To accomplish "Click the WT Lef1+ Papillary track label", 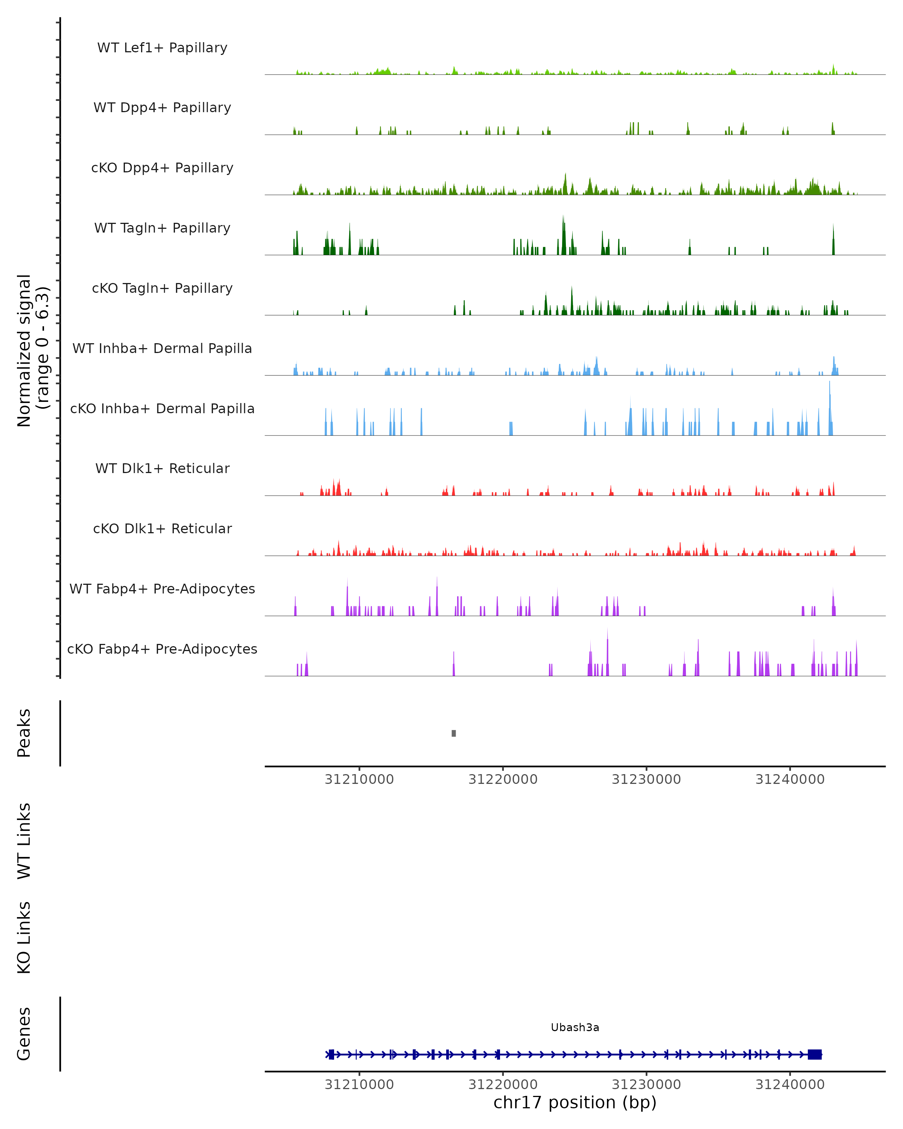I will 162,48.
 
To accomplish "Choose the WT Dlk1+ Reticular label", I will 162,468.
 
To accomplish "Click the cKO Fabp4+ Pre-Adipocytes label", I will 162,649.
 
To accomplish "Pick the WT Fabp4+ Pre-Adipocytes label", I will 162,589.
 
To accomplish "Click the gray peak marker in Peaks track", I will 453,733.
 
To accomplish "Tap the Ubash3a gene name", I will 575,1027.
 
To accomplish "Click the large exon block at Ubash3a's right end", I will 815,1054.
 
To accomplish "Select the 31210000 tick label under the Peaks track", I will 359,779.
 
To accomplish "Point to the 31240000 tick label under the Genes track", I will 790,1085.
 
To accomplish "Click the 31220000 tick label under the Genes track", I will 503,1085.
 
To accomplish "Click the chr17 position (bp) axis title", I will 575,1103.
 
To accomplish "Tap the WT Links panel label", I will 24,841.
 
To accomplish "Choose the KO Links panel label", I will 24,937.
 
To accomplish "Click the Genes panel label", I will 24,1034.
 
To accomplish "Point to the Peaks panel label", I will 24,733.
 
